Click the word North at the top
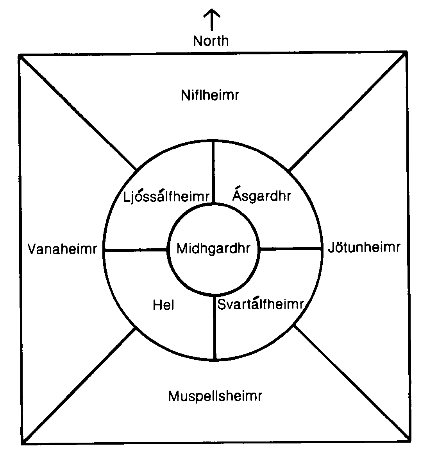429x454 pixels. [211, 41]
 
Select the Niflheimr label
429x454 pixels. [210, 95]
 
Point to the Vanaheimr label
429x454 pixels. [62, 249]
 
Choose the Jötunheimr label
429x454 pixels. [364, 248]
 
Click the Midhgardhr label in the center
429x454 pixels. [213, 248]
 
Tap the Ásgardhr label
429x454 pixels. [262, 196]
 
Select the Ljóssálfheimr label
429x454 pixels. [166, 196]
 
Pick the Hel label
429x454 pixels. [164, 305]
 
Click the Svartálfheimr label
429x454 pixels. [260, 304]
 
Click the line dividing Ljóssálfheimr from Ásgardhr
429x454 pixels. [213, 172]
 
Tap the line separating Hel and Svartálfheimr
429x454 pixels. [215, 327]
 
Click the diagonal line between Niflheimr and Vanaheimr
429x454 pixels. [78, 113]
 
